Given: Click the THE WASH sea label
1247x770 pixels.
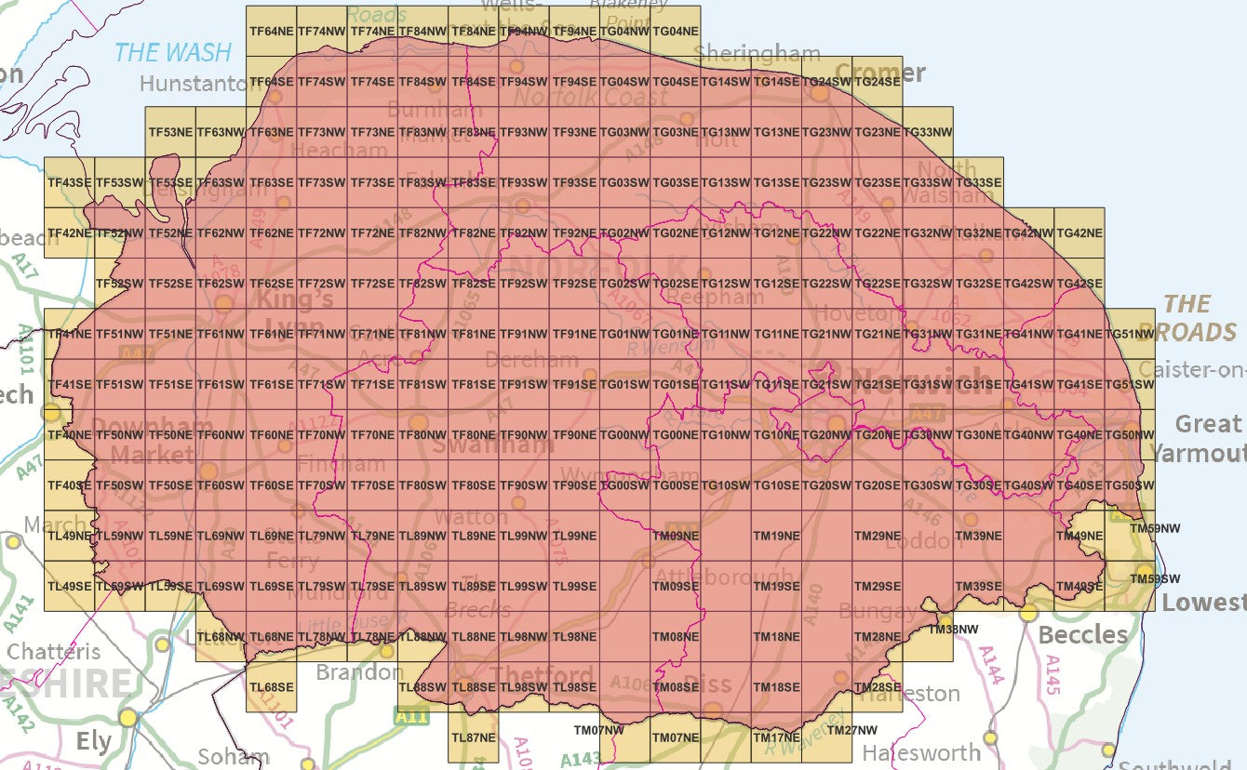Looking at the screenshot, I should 172,52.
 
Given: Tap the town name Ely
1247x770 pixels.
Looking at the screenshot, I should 93,742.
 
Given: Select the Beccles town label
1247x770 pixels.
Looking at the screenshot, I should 1083,635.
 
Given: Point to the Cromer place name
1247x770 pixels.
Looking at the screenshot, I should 880,73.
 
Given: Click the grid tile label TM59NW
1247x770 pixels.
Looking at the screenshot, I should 1154,528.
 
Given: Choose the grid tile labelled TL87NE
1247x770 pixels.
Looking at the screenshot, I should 473,737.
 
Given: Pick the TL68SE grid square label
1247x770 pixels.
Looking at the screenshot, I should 272,687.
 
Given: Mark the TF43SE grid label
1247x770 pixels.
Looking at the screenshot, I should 69,182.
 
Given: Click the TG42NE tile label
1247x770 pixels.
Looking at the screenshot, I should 1079,232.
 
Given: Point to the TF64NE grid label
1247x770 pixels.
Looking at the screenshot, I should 272,32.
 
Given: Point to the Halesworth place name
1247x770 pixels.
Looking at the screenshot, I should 920,752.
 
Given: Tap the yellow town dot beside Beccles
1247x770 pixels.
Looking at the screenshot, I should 1028,613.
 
